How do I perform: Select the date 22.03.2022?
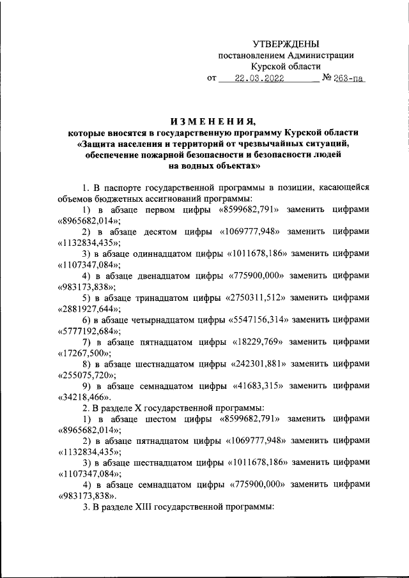tap(259, 79)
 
